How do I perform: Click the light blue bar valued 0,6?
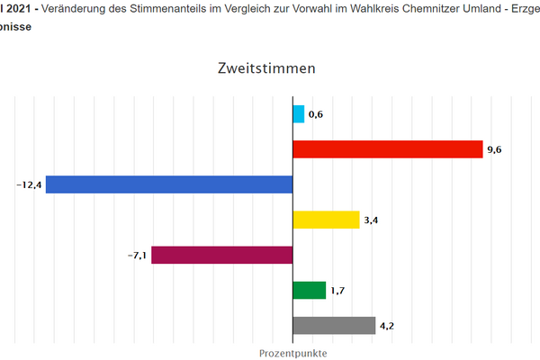tap(298, 114)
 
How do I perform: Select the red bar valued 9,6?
tap(388, 149)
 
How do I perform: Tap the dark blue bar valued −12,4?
tap(169, 184)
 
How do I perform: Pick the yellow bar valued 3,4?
tap(326, 220)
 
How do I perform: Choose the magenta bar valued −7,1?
tap(222, 255)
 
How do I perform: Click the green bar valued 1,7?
tap(310, 290)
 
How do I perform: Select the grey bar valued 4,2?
tap(334, 325)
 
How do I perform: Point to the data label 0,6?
tap(315, 114)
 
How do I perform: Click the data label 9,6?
tap(494, 149)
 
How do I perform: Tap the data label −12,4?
tap(29, 184)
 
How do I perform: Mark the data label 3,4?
tap(371, 220)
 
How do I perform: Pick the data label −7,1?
tap(137, 255)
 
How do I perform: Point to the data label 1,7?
tap(337, 290)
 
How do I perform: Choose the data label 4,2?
tap(387, 325)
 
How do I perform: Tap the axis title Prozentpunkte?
tap(293, 353)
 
